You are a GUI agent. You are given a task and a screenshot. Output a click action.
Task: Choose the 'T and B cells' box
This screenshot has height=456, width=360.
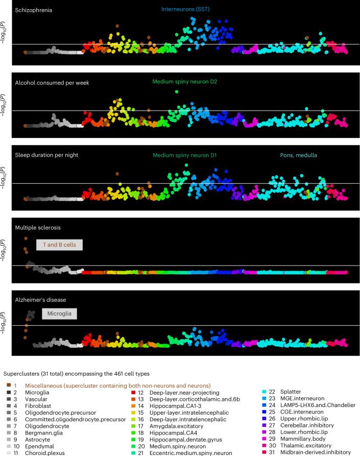[59, 245]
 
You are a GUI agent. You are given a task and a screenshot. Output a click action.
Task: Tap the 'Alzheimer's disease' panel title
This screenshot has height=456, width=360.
[40, 299]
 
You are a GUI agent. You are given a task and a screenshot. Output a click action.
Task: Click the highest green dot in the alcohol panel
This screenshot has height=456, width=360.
[176, 91]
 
